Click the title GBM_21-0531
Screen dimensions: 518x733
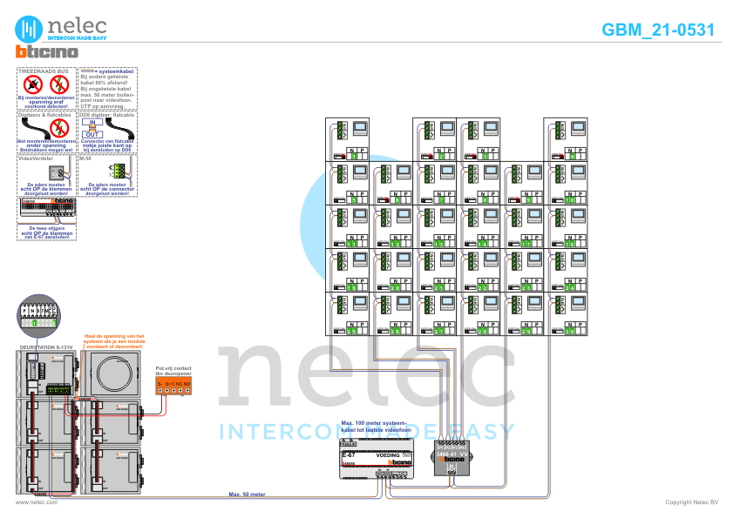(658, 30)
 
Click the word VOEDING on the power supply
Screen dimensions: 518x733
(388, 455)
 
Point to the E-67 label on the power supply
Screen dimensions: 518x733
(348, 455)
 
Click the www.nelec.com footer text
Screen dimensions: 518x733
(37, 502)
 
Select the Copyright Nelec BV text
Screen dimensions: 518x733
(691, 502)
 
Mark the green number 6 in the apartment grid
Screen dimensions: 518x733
(397, 200)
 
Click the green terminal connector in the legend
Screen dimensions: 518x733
(116, 170)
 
